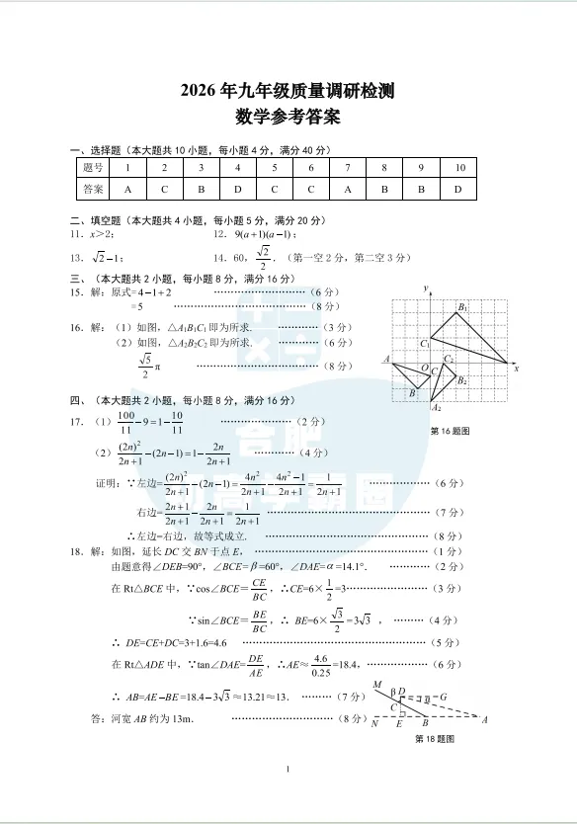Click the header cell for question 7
tap(348, 168)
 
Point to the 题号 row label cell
tap(93, 168)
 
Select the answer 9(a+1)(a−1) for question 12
tap(266, 235)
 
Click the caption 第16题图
tap(451, 432)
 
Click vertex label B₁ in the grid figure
tap(462, 308)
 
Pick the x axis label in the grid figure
tap(516, 367)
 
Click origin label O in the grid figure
tap(424, 368)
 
